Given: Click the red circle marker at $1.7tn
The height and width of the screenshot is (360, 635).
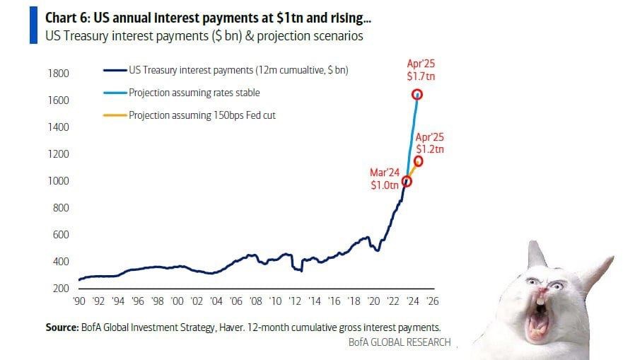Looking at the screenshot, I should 417,94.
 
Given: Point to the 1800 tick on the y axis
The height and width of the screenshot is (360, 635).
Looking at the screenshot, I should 59,74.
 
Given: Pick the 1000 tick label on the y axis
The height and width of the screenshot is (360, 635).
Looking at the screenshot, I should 59,181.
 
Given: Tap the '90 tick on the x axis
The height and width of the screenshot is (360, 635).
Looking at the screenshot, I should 80,301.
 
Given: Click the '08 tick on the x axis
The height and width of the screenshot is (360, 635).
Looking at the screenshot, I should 256,301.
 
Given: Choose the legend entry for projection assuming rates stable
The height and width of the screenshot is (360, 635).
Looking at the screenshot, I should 194,93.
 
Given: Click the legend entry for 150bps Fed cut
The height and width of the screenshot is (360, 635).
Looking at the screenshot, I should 202,115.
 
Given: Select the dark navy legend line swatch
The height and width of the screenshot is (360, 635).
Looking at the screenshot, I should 114,71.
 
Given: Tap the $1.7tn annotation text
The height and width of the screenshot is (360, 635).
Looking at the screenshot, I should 416,76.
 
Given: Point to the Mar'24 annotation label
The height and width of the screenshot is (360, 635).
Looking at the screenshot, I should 384,172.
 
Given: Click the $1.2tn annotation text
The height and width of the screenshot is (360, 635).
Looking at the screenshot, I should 429,149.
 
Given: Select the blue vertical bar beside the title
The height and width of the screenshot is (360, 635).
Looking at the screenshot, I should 33,25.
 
